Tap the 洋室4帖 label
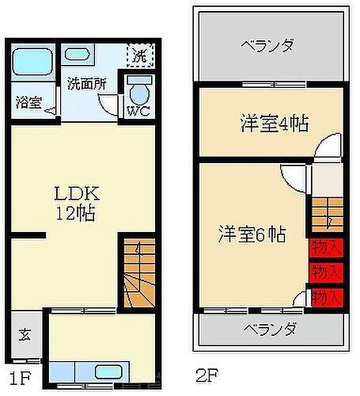(274, 124)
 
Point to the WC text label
(137, 111)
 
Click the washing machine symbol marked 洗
(139, 57)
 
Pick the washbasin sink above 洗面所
(78, 55)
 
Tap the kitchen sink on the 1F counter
(106, 371)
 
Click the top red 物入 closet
(325, 246)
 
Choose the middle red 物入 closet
(325, 272)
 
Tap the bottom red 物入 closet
(325, 297)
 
